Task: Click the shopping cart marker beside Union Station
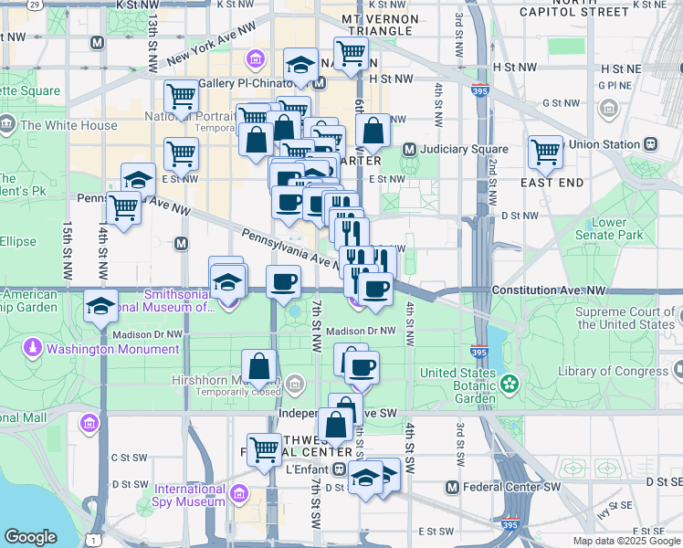click(x=546, y=153)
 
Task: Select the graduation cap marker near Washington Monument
click(x=100, y=307)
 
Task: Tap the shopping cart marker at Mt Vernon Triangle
click(x=351, y=54)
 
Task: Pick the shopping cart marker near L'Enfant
click(x=265, y=449)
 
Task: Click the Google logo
click(x=30, y=537)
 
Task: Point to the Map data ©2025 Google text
click(x=625, y=541)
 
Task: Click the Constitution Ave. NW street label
click(x=548, y=290)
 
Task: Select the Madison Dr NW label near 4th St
click(x=362, y=331)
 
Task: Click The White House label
click(x=68, y=125)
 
